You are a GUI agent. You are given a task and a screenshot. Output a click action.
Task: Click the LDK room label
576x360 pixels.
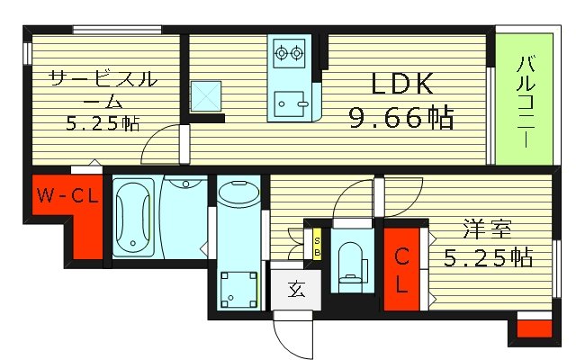[402, 85]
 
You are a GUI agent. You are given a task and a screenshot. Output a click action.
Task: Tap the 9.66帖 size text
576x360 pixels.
[401, 117]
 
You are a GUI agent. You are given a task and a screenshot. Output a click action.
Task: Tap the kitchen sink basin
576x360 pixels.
[290, 104]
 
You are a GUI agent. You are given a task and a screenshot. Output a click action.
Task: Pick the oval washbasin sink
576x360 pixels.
[238, 193]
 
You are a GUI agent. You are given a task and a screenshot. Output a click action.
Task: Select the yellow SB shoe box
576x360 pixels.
[318, 245]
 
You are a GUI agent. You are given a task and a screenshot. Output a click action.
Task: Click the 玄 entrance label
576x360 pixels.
[294, 289]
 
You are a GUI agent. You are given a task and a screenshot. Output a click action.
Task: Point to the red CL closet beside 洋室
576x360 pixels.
[402, 270]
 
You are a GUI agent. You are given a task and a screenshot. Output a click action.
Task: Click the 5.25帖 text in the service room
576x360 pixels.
[101, 123]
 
